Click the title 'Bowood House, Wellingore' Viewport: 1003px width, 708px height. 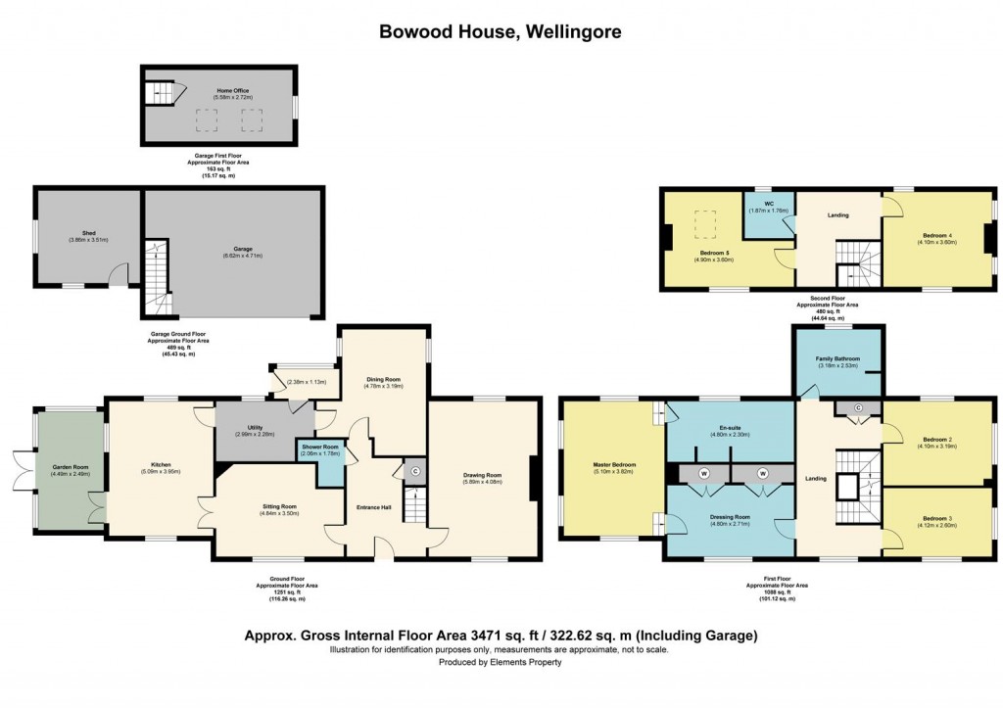pyautogui.click(x=501, y=31)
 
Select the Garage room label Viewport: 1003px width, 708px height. pyautogui.click(x=233, y=250)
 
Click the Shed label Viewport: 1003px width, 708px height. pyautogui.click(x=88, y=234)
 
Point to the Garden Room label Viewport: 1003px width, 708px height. pyautogui.click(x=71, y=468)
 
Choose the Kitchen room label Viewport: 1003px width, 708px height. pyautogui.click(x=161, y=466)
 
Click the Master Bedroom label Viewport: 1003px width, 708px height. pyautogui.click(x=614, y=464)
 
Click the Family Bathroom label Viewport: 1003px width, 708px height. pyautogui.click(x=838, y=359)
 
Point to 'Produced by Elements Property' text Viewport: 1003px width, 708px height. pyautogui.click(x=501, y=662)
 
